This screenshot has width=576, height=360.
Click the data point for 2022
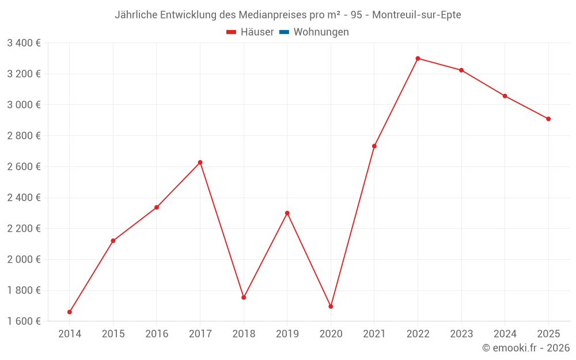click(418, 58)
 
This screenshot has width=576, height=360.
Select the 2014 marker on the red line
click(70, 312)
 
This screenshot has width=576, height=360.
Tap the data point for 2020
click(331, 306)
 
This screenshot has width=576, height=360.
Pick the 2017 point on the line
click(200, 162)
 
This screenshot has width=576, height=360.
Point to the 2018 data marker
click(244, 298)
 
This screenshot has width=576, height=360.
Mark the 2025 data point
click(548, 119)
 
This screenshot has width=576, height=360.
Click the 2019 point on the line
click(287, 213)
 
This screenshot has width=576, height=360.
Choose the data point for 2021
click(374, 146)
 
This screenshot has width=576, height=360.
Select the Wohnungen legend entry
click(321, 32)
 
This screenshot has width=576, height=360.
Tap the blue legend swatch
click(284, 32)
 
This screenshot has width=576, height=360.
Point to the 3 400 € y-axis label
click(24, 43)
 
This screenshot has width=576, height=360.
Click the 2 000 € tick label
click(24, 259)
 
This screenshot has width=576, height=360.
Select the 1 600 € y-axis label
click(24, 321)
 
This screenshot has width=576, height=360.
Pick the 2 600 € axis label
click(24, 166)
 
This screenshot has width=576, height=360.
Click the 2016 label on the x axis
click(157, 334)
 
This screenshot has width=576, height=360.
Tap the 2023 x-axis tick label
click(461, 334)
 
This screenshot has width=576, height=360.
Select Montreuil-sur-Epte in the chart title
click(416, 14)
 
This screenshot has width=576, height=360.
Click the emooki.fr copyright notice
click(526, 348)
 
